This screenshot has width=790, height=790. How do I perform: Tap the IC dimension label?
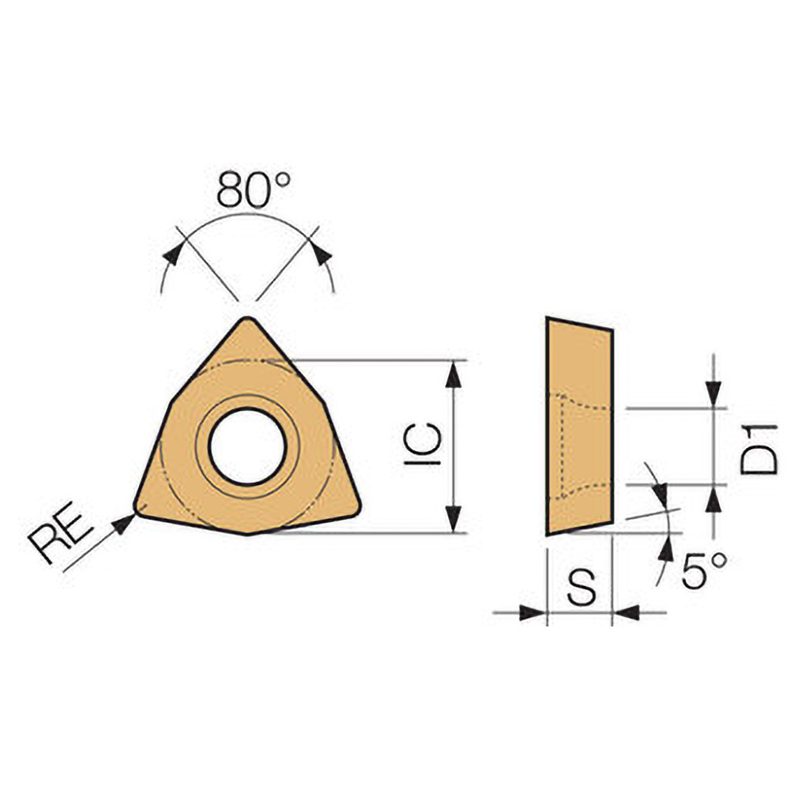(x=424, y=444)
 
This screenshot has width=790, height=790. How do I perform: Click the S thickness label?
(x=581, y=589)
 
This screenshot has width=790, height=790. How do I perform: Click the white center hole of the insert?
(x=247, y=446)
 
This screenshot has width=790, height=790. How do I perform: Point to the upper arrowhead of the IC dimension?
(x=453, y=374)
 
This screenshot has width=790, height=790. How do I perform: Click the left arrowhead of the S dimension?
(x=533, y=611)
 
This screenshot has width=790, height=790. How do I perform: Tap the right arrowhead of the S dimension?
(x=626, y=611)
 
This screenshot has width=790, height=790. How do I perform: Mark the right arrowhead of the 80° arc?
(x=321, y=254)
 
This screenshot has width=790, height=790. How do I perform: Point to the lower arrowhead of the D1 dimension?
(x=714, y=498)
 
